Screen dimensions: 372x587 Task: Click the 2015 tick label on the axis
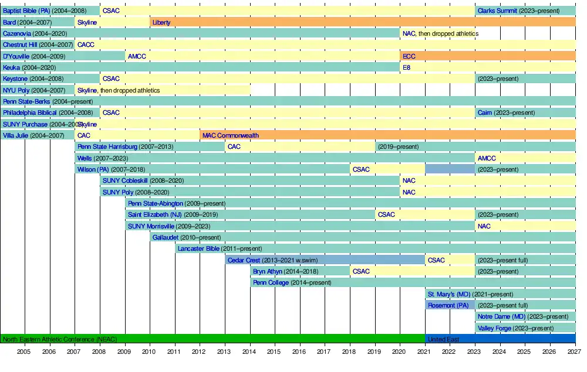[274, 351]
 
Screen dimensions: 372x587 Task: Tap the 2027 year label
[575, 351]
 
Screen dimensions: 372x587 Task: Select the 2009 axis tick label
[124, 351]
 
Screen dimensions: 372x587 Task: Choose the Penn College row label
[271, 282]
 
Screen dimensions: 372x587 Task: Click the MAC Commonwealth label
[230, 135]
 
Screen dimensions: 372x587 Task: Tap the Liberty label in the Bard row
[161, 22]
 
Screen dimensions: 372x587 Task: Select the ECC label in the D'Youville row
[409, 56]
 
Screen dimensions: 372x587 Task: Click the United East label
[443, 339]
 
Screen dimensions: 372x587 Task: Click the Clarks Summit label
[497, 11]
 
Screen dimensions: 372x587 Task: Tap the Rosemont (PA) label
[448, 305]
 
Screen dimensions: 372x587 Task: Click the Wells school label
[85, 158]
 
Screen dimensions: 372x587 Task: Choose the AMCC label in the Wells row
[487, 158]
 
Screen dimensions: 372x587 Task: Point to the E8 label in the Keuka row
[406, 67]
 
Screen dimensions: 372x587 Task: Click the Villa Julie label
[16, 135]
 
